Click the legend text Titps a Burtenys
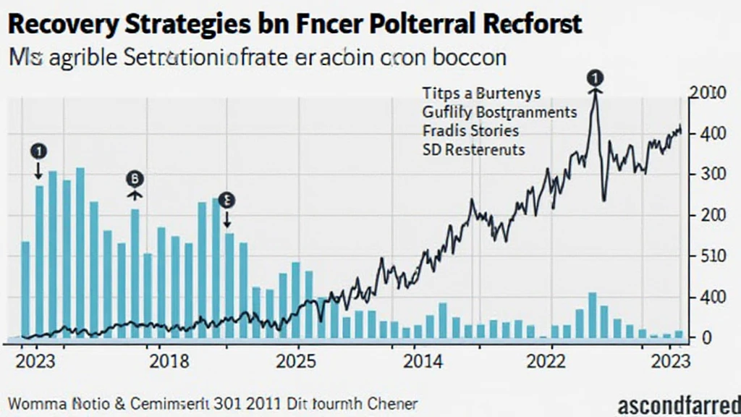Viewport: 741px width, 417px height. (480, 93)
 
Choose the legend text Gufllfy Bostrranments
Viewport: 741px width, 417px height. (499, 112)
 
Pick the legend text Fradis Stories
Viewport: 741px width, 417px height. (470, 131)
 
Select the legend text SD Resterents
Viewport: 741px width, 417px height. (473, 150)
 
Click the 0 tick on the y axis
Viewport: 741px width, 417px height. (706, 337)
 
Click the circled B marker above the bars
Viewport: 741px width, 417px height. (135, 178)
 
